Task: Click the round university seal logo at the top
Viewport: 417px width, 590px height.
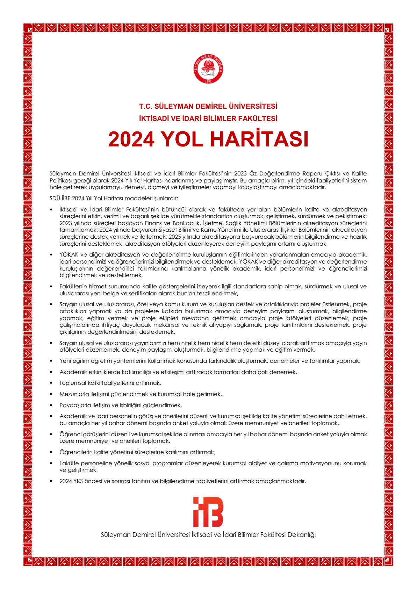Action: [208, 69]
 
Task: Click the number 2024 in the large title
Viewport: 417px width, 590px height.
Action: [131, 139]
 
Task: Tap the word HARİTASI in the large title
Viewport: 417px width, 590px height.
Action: [259, 139]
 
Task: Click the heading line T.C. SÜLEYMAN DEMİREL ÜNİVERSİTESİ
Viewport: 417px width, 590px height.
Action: [208, 106]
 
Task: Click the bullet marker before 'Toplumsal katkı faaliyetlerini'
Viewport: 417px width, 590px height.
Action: [51, 383]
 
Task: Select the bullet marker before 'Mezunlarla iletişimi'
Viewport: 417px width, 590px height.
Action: [51, 394]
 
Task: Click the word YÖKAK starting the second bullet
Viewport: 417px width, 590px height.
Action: [69, 255]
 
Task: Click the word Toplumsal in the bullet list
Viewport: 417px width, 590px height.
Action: [72, 383]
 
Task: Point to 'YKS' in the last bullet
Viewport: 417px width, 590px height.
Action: [78, 481]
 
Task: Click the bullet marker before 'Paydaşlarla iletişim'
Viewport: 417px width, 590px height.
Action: [51, 405]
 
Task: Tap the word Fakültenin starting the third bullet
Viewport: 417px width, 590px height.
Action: [73, 287]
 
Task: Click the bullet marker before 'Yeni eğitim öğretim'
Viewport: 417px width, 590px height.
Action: [51, 361]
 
